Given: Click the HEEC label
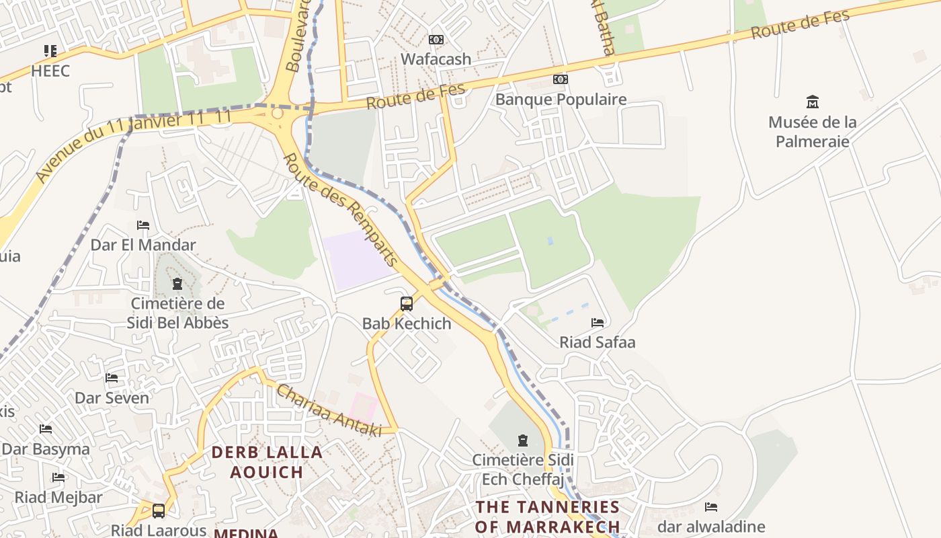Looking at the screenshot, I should click(x=50, y=71).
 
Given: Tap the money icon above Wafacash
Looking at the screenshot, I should click(x=436, y=40).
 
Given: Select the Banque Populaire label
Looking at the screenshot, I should click(x=561, y=100).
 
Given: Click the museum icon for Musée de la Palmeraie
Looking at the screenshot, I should click(x=813, y=102).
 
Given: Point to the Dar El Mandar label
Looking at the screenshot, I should click(x=143, y=245).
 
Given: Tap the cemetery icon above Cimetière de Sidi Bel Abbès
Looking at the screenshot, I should click(x=177, y=284).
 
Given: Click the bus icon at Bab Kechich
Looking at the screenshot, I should click(x=407, y=303).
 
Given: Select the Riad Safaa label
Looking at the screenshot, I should click(x=597, y=342).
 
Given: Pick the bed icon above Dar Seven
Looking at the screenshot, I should click(x=112, y=378).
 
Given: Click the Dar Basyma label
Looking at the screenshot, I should click(x=46, y=449).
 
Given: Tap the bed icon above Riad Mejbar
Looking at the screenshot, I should click(x=58, y=477).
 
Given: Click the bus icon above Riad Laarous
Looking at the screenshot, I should click(x=159, y=511).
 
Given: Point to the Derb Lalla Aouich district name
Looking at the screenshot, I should click(x=267, y=462).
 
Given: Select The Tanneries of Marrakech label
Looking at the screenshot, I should click(x=547, y=516).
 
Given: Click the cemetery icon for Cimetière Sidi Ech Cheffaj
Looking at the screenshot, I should click(x=522, y=441).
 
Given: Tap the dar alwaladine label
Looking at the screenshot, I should click(x=711, y=526).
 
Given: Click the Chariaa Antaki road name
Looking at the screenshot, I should click(x=328, y=410).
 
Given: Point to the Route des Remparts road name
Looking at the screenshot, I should click(x=341, y=209).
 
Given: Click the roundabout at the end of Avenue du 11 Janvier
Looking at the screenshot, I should click(x=277, y=114).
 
